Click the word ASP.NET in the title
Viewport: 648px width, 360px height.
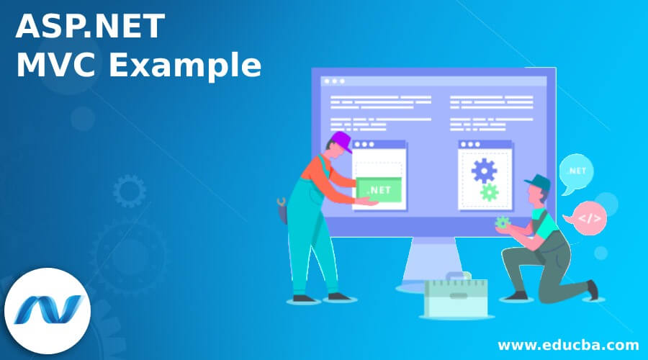[91, 27]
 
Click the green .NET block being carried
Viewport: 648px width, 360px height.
[379, 190]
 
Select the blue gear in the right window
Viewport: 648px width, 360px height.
[484, 170]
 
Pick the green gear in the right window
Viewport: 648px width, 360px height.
[490, 192]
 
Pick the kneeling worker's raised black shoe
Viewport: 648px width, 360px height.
[592, 289]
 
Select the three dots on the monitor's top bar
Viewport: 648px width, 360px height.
[333, 81]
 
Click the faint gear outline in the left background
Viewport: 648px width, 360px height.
[129, 191]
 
